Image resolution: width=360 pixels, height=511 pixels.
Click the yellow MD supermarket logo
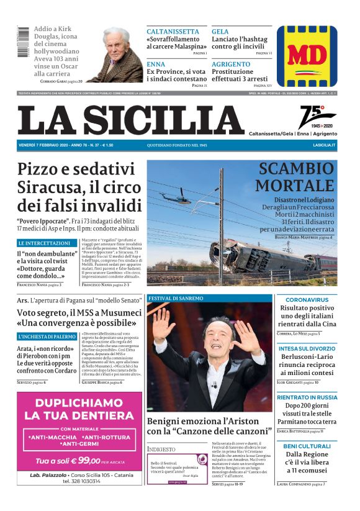tap(307, 57)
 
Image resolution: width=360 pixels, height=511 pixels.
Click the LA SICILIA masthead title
tap(131, 120)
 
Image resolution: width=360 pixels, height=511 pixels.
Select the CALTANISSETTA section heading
tap(173, 32)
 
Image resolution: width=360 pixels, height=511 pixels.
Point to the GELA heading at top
tap(220, 32)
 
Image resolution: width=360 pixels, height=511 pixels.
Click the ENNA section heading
tap(156, 64)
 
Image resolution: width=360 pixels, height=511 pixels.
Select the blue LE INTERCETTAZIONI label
tap(44, 243)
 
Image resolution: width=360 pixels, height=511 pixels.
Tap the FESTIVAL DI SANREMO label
tap(176, 298)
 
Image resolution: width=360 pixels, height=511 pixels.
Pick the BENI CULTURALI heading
tap(307, 446)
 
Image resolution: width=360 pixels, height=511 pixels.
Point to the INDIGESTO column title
tap(161, 448)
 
